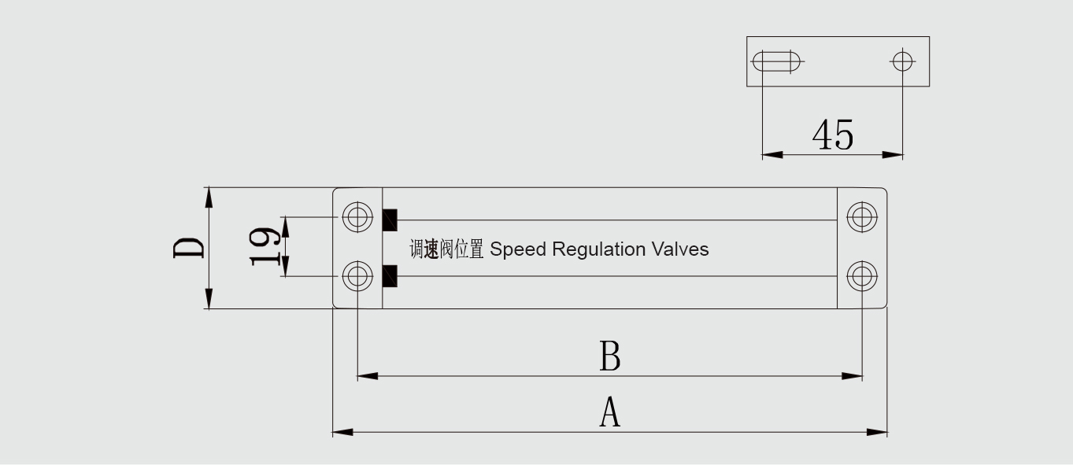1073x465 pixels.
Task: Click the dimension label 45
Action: coord(832,135)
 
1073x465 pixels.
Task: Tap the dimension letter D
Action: coord(189,248)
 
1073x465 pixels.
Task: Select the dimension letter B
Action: coord(610,356)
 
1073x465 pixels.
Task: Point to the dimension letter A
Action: coord(610,412)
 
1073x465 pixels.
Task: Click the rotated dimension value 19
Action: coord(265,247)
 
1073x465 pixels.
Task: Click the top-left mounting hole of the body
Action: coord(358,216)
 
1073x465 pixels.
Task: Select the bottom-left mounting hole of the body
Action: coord(358,276)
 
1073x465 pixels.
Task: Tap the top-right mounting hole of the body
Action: coord(862,216)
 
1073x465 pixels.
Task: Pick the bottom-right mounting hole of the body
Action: coord(862,276)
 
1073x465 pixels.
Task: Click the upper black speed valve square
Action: coord(389,220)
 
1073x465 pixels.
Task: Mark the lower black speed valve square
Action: coord(389,276)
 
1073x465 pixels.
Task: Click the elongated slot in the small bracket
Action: coord(777,61)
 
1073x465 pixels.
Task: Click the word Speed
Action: coord(517,249)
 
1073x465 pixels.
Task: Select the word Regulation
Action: coord(599,250)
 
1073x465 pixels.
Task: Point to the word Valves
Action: coord(680,249)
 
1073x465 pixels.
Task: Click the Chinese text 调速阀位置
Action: coord(446,250)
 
